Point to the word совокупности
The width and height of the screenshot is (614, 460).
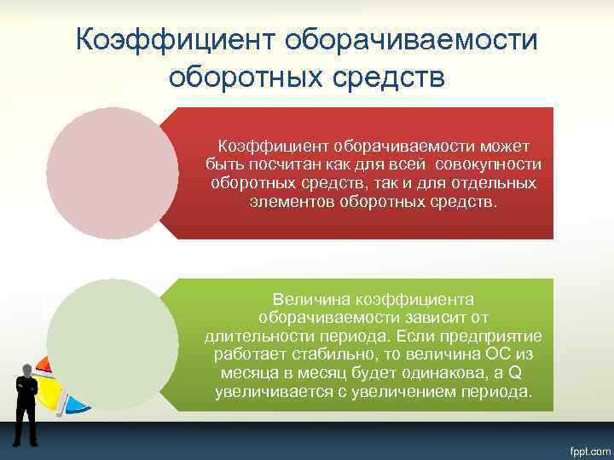pyautogui.click(x=487, y=163)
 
